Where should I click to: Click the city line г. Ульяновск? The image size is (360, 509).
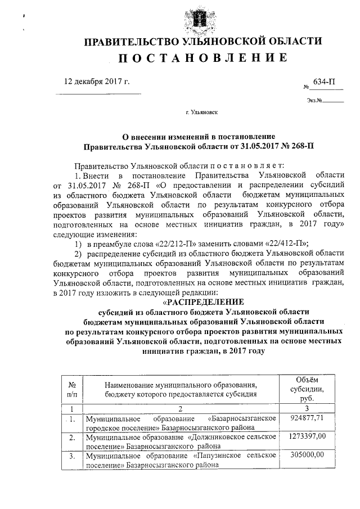point(197,112)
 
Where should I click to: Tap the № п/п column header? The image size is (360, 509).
point(72,389)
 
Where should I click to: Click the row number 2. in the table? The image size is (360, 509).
point(72,437)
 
